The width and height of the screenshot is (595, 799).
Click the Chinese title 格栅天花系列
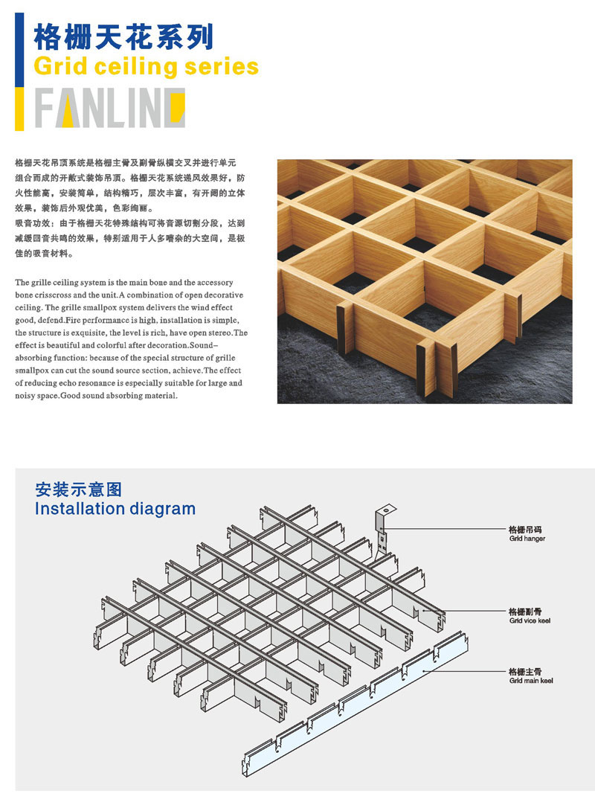[123, 36]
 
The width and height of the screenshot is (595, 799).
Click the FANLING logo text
[110, 108]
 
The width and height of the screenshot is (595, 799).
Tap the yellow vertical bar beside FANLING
[19, 109]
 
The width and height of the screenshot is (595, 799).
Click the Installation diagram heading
[115, 509]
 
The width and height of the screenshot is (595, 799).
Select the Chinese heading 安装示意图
[78, 490]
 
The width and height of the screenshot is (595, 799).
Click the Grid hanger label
[527, 539]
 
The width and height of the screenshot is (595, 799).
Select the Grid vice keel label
[530, 620]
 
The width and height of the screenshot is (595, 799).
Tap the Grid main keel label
[531, 680]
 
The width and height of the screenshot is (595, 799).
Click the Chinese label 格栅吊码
[524, 530]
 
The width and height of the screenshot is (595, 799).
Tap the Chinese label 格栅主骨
[524, 672]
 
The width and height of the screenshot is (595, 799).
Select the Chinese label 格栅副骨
[524, 612]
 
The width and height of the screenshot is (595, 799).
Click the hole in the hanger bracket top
[387, 508]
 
